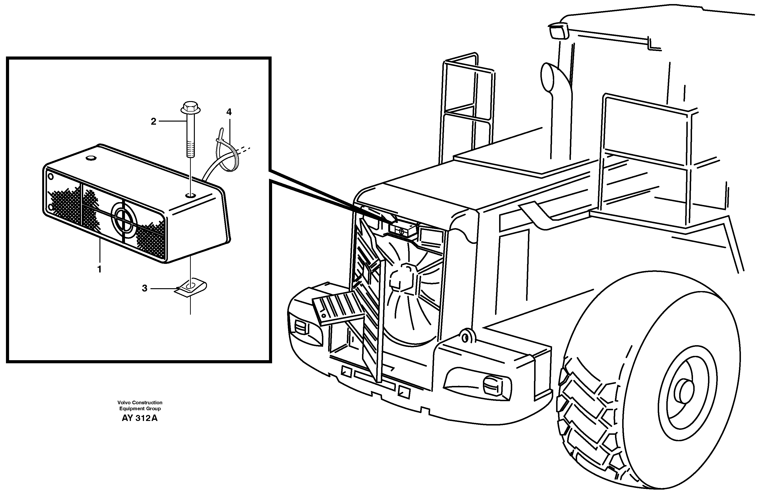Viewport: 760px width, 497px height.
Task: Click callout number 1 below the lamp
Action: point(99,269)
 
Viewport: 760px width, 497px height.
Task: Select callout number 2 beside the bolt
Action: point(154,122)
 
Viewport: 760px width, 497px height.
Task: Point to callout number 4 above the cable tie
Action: point(229,112)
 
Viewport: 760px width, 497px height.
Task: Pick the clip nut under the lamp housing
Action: point(191,287)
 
